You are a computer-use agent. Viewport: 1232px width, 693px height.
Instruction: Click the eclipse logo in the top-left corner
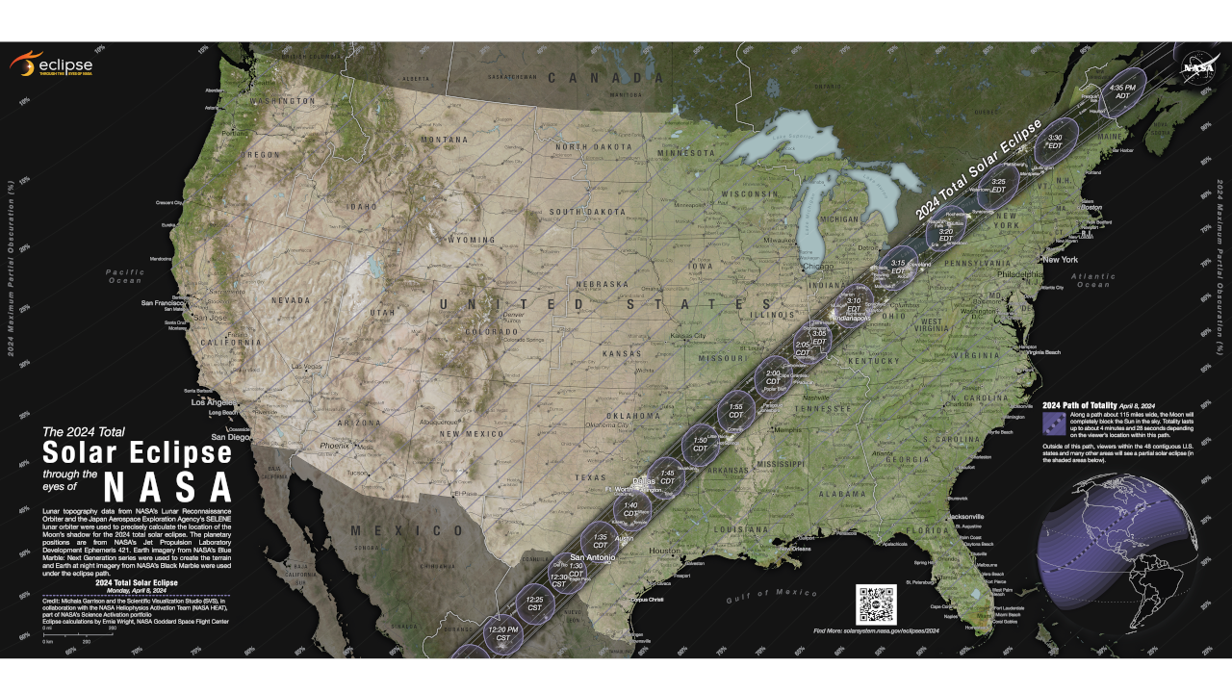(x=52, y=64)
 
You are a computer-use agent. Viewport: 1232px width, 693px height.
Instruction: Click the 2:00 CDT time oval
(x=772, y=377)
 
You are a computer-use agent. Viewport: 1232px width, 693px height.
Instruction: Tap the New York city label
(x=1061, y=260)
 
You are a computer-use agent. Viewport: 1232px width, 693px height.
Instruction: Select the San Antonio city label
(x=592, y=557)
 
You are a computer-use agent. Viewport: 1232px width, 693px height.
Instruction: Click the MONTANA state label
(x=444, y=140)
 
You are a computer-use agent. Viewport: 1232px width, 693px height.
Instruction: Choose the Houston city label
(x=664, y=551)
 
